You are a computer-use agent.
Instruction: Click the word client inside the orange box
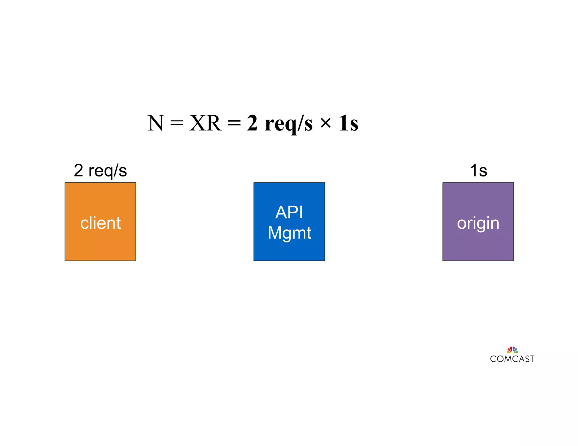click(100, 223)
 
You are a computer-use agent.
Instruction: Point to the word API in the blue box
click(289, 212)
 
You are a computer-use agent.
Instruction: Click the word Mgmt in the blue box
click(289, 233)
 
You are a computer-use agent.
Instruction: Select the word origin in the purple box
click(478, 224)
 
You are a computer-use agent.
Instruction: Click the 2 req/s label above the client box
click(100, 171)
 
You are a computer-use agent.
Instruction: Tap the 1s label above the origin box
click(479, 171)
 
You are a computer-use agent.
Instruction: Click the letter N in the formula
click(156, 123)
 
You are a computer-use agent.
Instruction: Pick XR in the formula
click(205, 123)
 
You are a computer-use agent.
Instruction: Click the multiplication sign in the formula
click(325, 123)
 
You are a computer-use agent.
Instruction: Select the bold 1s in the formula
click(349, 123)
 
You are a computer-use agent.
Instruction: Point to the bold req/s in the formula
click(288, 124)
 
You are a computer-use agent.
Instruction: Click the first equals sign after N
click(177, 123)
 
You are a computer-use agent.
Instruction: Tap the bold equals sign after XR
click(234, 123)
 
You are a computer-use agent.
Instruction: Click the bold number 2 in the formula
click(252, 123)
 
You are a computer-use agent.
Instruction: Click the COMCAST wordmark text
click(512, 359)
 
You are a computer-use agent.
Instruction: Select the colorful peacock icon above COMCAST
click(512, 350)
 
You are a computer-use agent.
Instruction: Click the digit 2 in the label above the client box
click(78, 171)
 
